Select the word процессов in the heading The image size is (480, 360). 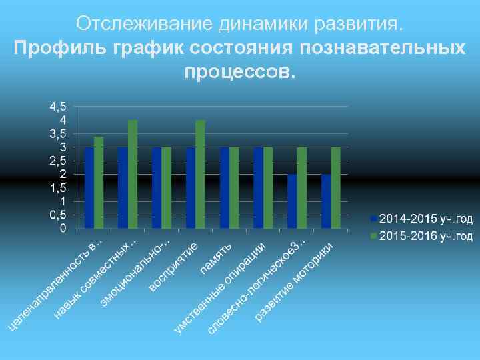[239, 71]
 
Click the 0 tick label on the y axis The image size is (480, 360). [63, 229]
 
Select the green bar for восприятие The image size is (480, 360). [201, 174]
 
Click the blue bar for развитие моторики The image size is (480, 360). [326, 201]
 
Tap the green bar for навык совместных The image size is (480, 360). [133, 174]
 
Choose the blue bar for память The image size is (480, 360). [225, 188]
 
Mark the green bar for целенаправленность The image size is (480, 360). [99, 182]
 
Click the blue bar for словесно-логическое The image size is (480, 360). [292, 201]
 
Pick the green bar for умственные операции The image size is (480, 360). [268, 188]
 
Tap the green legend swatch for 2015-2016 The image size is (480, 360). [375, 236]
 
